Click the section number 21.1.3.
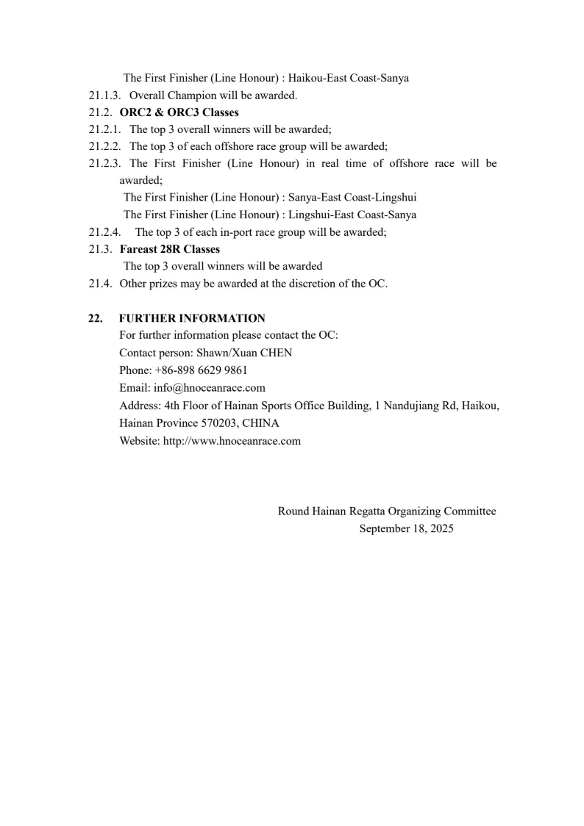(104, 96)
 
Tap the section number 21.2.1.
(104, 129)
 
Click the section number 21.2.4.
(104, 231)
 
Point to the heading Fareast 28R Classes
(170, 249)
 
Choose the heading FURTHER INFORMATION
(192, 318)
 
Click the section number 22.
(95, 318)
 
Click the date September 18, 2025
(406, 528)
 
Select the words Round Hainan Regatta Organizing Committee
(387, 511)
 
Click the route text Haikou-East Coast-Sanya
(349, 79)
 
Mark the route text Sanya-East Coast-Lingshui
(354, 198)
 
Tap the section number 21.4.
(101, 284)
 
